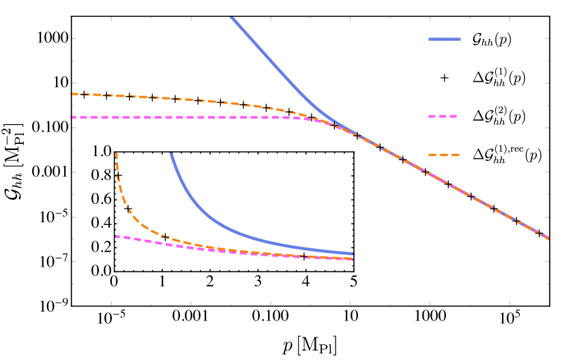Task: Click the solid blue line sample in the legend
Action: tap(445, 40)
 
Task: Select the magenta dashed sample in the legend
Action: tap(443, 117)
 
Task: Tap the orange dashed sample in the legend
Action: tap(444, 155)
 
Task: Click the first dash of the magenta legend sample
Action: tap(432, 117)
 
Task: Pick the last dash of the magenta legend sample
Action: tap(453, 117)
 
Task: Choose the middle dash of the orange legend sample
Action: tap(444, 155)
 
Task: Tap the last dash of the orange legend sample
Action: tap(456, 155)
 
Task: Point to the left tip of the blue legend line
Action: tap(429, 40)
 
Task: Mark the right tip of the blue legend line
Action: tap(460, 40)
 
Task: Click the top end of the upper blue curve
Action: tap(231, 17)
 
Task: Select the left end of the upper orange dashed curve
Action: tap(71, 94)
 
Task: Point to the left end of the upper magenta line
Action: tap(71, 117)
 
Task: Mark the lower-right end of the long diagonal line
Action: tap(548, 239)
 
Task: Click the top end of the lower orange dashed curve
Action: tap(117, 153)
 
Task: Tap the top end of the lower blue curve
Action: tap(170, 153)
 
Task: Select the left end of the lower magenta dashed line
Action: tap(116, 237)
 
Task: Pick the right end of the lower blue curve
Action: tap(353, 254)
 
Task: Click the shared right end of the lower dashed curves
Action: tap(353, 259)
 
